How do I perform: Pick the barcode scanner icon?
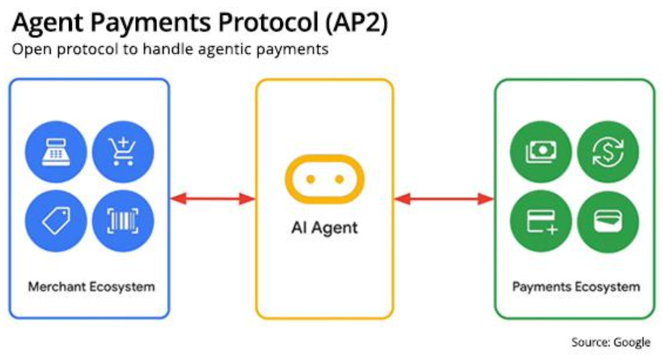point(123,221)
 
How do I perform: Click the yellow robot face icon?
point(324,179)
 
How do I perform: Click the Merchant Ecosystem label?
point(91,287)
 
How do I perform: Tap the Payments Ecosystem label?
point(576,287)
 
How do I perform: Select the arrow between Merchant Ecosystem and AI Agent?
point(212,199)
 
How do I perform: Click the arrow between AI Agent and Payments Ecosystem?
point(444,199)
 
